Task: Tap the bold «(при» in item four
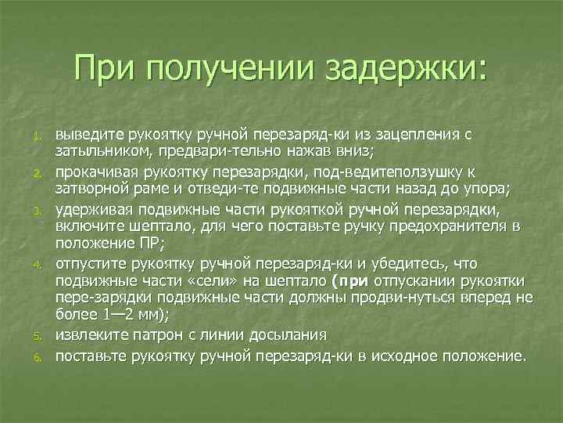(x=346, y=279)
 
